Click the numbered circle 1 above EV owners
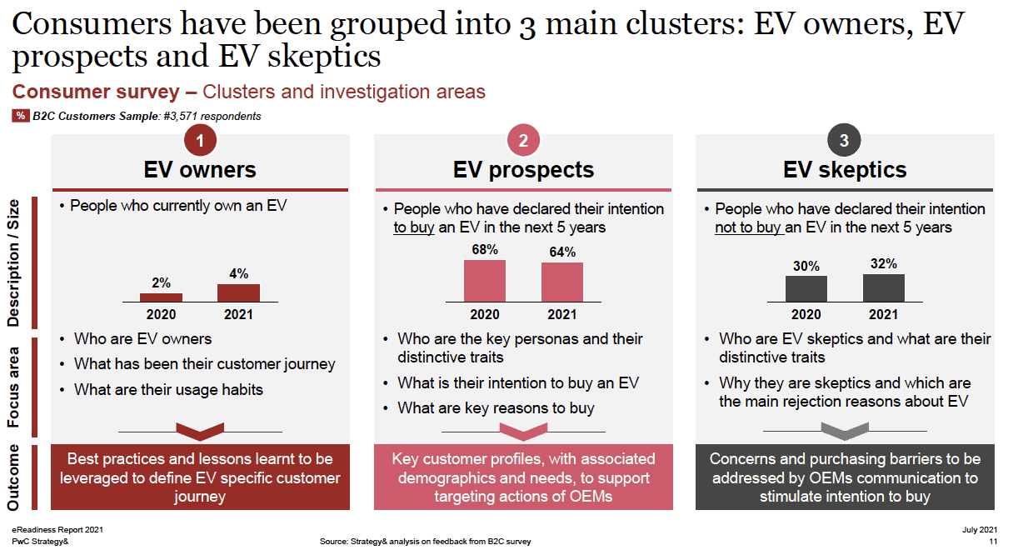click(x=200, y=141)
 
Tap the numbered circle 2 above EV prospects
click(x=523, y=141)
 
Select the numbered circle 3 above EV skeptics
click(x=844, y=141)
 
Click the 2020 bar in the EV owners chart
click(x=161, y=297)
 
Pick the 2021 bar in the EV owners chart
click(x=238, y=292)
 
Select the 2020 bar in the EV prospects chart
click(x=485, y=281)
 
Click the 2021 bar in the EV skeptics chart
click(x=884, y=287)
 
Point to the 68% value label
click(x=485, y=250)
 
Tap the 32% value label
click(x=884, y=264)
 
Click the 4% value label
click(x=238, y=273)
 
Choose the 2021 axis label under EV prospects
click(x=562, y=314)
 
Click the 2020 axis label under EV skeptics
click(x=806, y=314)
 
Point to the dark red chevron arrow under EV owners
click(x=200, y=432)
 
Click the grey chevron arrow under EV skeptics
click(x=844, y=431)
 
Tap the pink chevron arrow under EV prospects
click(x=522, y=432)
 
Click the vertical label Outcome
click(x=15, y=477)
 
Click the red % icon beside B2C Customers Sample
click(x=20, y=116)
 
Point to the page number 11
click(x=992, y=541)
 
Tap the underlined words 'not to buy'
click(x=748, y=227)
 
